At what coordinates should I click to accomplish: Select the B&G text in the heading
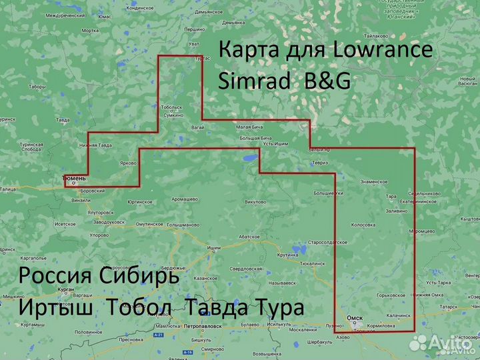tap(327, 80)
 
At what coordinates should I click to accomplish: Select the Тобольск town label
tap(172, 107)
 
